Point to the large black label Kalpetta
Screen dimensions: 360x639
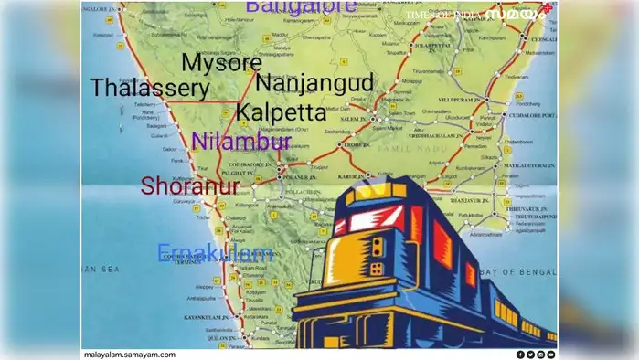281,113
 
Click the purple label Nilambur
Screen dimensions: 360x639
241,142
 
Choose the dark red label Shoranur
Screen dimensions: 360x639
190,186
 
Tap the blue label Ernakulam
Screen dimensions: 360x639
215,253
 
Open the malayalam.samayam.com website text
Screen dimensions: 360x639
129,354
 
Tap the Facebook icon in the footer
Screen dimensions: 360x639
520,354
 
